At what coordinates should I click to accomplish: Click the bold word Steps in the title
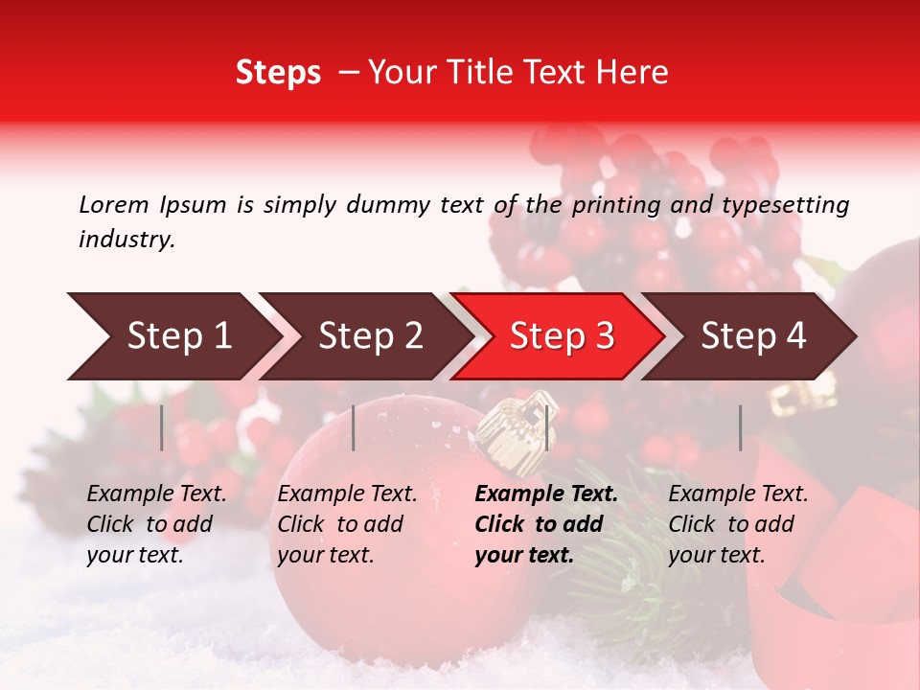click(x=278, y=73)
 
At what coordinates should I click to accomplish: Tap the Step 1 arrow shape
click(x=172, y=336)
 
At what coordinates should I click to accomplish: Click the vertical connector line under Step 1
click(x=161, y=427)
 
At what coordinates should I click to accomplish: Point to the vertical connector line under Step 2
click(x=354, y=427)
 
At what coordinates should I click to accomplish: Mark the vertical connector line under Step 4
click(x=740, y=427)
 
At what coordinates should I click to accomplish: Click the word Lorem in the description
click(x=114, y=204)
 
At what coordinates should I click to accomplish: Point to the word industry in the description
click(x=126, y=240)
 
